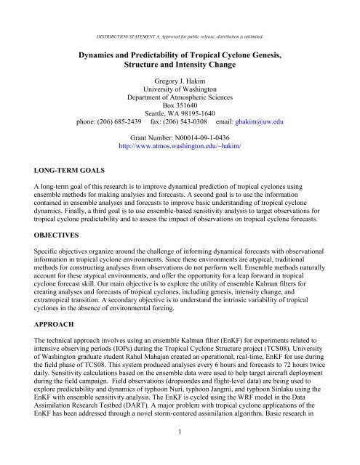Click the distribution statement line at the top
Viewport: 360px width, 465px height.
pos(180,15)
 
